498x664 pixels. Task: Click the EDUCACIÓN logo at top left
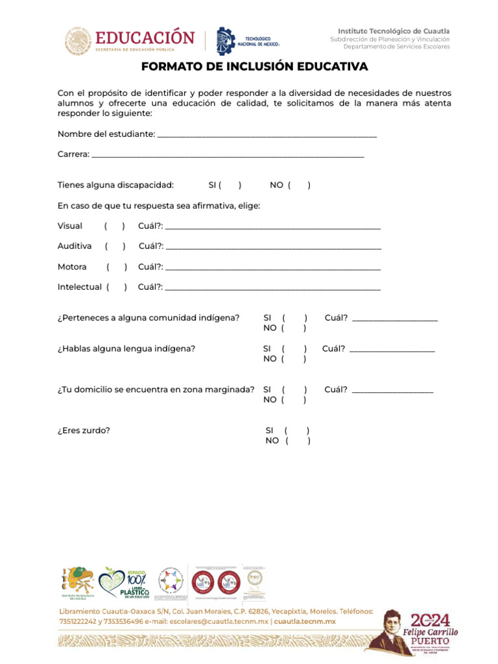tap(130, 40)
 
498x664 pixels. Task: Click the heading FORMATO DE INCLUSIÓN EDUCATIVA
tap(254, 67)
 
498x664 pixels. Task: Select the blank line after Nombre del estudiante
tap(267, 134)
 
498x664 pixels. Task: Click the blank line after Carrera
tap(227, 155)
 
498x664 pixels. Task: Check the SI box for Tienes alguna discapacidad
tap(230, 185)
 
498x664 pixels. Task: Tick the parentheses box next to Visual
tap(114, 226)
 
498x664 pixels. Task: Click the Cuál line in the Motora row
tap(272, 267)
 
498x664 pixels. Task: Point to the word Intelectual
tap(79, 287)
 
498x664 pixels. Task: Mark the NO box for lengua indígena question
tap(294, 359)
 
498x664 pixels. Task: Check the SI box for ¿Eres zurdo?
tap(296, 431)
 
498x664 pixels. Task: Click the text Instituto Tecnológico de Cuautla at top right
tap(393, 31)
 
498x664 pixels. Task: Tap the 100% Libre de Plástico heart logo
tap(124, 582)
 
